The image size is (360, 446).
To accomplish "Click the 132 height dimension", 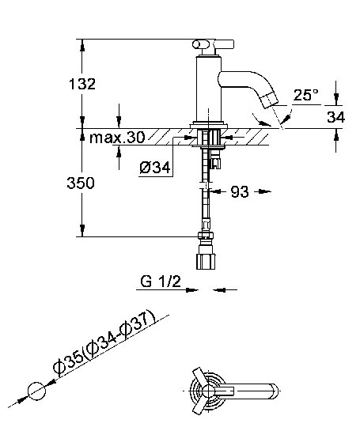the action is pos(82,84).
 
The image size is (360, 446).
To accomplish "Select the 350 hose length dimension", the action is pos(81,183).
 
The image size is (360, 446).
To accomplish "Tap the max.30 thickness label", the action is pos(117,138).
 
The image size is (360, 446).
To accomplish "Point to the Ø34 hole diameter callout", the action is pos(155,168).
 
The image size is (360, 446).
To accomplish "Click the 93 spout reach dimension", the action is pos(240,191).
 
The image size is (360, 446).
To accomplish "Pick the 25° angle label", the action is pos(306,95).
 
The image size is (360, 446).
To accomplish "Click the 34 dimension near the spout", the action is pos(335,117).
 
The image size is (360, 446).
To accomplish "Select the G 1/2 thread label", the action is pos(161,282).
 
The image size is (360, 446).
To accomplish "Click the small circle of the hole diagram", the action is pos(37,391).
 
